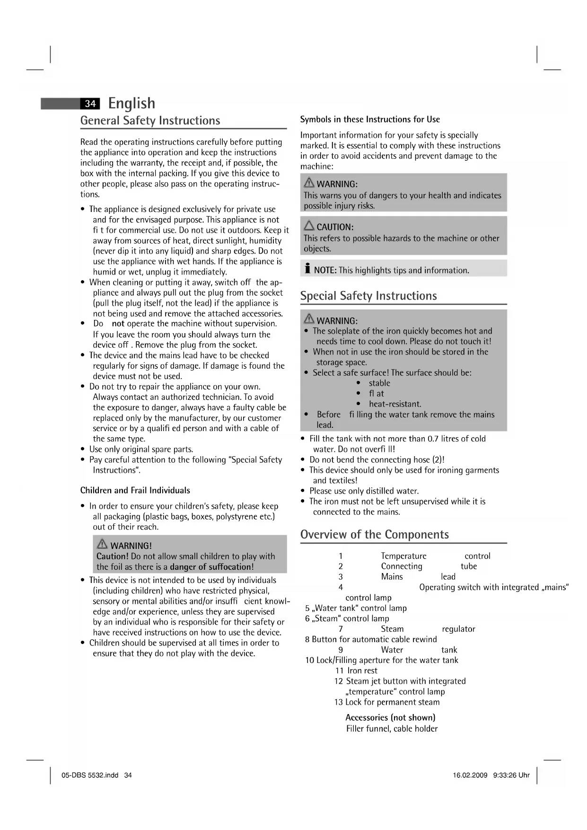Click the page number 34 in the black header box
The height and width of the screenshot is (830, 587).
(x=90, y=104)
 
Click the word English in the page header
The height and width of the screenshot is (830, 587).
(x=131, y=103)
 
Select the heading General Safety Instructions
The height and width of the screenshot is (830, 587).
(x=150, y=121)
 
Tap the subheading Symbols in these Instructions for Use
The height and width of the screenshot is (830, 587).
(x=370, y=119)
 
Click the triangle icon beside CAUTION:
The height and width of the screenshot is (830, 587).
(x=309, y=226)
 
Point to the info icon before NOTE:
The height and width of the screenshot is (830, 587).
(x=307, y=269)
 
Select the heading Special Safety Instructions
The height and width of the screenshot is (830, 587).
(x=368, y=296)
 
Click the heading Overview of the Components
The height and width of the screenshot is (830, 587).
(x=374, y=535)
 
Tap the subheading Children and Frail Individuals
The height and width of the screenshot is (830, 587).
(x=135, y=490)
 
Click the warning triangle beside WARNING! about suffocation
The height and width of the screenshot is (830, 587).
(x=102, y=545)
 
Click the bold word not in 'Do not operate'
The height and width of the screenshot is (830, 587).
(x=118, y=324)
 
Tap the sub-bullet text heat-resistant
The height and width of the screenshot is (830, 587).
(x=395, y=404)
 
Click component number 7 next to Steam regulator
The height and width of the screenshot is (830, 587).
(x=341, y=629)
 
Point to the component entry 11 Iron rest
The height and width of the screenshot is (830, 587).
(x=356, y=671)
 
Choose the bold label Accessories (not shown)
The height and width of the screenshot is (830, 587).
(x=390, y=717)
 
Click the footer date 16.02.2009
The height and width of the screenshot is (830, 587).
(x=470, y=776)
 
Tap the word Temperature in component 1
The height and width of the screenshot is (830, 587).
(x=403, y=556)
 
